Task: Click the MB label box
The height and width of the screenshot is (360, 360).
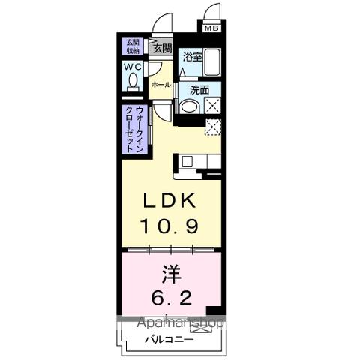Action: (x=212, y=28)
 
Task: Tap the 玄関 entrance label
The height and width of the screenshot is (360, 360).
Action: (x=161, y=49)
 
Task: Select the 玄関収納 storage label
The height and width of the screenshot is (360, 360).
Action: (x=132, y=46)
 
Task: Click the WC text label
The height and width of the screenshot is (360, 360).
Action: (x=133, y=67)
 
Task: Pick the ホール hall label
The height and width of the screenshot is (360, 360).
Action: (x=160, y=85)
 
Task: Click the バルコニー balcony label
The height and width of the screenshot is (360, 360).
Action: (x=168, y=339)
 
